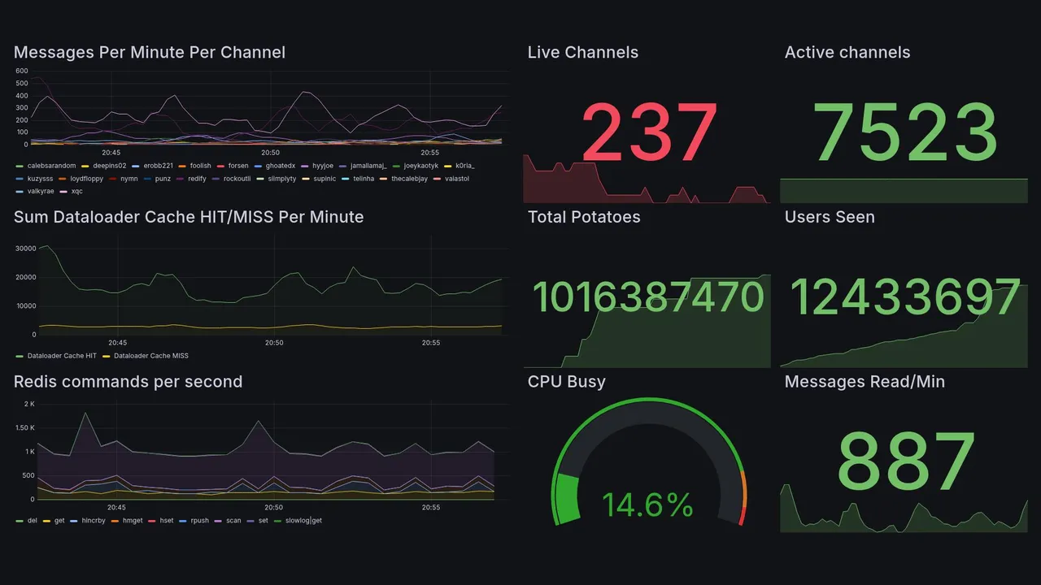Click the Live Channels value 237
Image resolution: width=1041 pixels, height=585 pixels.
point(649,132)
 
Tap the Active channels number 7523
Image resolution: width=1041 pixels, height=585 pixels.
point(904,132)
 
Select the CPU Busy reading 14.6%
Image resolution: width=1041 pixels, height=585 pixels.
point(647,505)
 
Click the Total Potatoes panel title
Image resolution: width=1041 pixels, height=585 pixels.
point(583,217)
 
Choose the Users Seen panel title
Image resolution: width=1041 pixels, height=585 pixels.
point(829,217)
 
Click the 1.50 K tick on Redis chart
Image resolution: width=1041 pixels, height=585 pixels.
point(24,428)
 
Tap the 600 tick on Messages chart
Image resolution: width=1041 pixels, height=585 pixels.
point(22,71)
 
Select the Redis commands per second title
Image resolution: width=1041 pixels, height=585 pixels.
point(128,382)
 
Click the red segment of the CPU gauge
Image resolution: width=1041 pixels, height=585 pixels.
point(741,514)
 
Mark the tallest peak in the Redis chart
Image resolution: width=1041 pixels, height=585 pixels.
point(85,414)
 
